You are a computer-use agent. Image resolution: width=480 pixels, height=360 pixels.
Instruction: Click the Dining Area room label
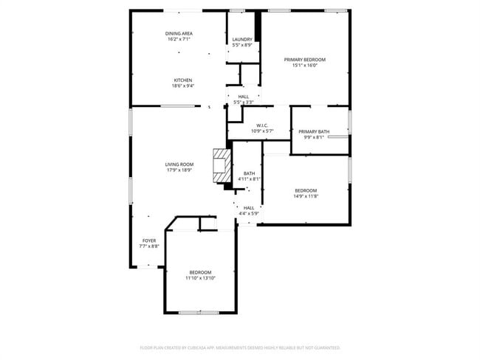(179, 34)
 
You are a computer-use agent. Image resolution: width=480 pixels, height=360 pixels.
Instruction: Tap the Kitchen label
(183, 80)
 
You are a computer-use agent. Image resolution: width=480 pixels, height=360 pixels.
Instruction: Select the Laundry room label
(242, 39)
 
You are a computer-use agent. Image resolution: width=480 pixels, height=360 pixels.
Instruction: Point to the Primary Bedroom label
(305, 59)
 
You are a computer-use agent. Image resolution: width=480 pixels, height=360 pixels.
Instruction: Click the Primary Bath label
(314, 132)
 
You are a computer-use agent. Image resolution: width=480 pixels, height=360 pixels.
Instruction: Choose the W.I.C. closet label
(261, 125)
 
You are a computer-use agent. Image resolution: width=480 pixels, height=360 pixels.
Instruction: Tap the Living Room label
(179, 165)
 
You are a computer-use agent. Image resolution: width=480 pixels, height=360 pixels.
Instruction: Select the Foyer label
(149, 240)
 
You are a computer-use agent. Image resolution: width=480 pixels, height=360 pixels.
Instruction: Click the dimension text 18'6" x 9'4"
(183, 86)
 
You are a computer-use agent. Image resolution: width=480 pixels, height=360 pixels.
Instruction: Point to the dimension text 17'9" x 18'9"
(179, 170)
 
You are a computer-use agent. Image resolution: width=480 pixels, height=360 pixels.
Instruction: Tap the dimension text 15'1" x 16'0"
(305, 65)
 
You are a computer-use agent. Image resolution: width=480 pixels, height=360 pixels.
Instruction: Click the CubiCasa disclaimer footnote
(240, 347)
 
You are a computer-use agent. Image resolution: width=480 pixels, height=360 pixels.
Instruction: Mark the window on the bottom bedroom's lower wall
(199, 312)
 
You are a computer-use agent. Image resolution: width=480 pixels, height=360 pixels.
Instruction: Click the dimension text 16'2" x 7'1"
(179, 40)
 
